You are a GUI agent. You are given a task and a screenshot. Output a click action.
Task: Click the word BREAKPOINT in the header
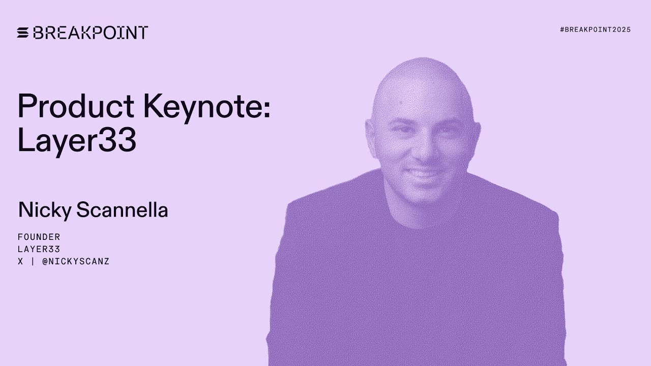point(90,33)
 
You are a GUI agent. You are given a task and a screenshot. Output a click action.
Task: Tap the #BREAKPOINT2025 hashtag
point(595,29)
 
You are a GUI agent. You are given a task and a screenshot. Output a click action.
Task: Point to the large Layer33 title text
point(77,140)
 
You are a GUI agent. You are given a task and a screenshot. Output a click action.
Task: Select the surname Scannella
point(122,209)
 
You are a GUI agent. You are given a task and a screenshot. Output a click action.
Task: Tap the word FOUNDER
point(39,237)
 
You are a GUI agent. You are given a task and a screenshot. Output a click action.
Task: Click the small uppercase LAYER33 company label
point(39,249)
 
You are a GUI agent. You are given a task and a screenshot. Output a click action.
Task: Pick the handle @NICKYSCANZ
point(76,262)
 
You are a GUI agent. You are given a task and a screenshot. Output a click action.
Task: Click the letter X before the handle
point(20,262)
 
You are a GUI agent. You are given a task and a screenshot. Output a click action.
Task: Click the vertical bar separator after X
point(33,262)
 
